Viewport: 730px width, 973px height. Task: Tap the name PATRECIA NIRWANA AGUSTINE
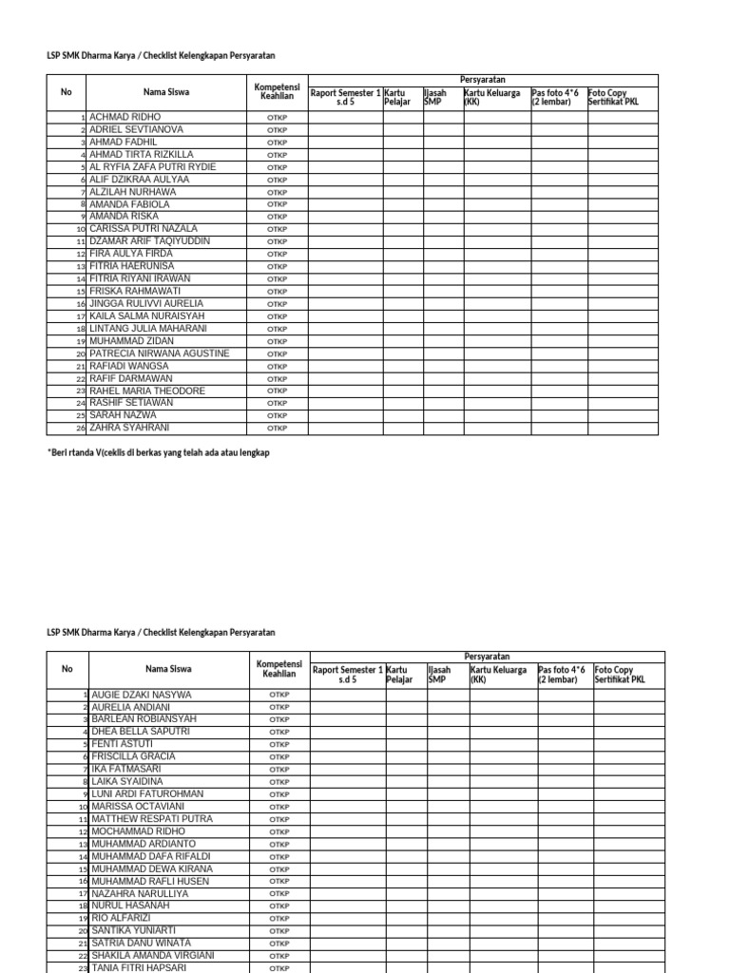[159, 353]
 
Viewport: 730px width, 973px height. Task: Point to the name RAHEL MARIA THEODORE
[146, 391]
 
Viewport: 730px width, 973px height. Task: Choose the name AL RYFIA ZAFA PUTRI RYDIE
[152, 167]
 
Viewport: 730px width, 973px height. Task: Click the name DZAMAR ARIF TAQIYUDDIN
[149, 241]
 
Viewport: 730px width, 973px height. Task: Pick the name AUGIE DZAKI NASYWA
[141, 695]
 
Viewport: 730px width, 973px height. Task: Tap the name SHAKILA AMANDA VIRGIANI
[153, 956]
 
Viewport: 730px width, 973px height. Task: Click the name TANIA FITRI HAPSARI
[139, 967]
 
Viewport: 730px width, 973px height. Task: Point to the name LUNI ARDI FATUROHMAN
[147, 794]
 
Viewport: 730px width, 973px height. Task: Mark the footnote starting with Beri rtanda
[158, 453]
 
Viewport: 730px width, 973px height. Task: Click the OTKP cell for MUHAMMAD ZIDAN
[277, 341]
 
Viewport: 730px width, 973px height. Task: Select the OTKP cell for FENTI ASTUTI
[279, 745]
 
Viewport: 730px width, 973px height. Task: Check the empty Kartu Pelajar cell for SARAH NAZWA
[402, 415]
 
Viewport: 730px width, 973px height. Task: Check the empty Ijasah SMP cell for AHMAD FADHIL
[442, 143]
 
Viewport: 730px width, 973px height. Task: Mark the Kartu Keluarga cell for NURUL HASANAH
[503, 906]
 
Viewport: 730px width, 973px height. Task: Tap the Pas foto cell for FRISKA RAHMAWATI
[559, 291]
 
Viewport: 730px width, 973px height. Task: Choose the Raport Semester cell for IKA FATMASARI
[348, 770]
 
